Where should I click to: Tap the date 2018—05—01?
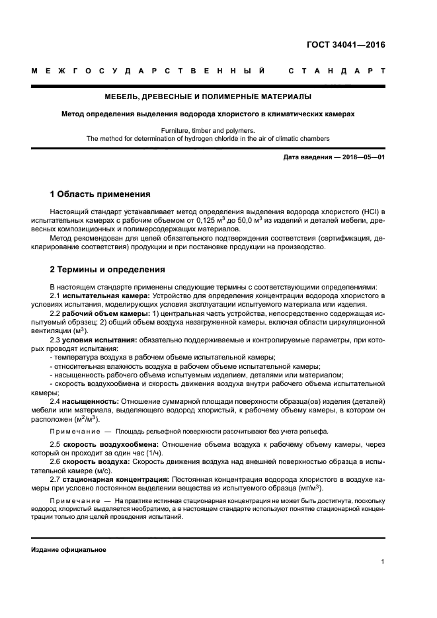(x=362, y=157)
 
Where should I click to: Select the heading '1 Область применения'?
(x=100, y=194)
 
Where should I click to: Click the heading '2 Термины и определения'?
(x=108, y=270)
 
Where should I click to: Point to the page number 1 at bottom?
(x=383, y=562)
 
